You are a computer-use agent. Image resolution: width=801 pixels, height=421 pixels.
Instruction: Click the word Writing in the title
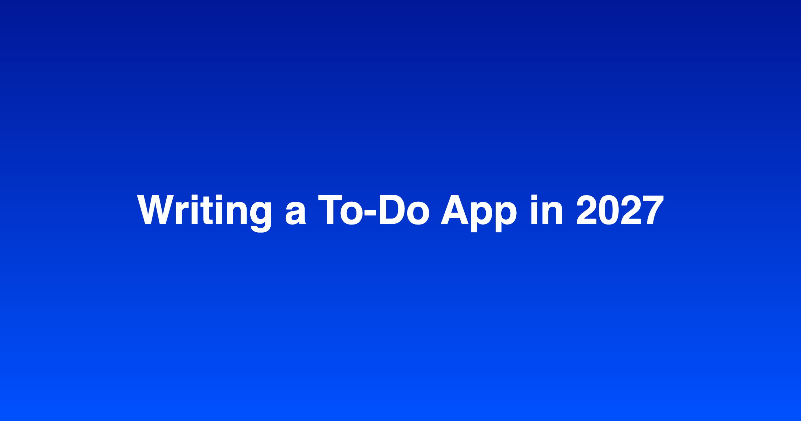(204, 213)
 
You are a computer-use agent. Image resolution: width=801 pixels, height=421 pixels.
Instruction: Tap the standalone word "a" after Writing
(296, 213)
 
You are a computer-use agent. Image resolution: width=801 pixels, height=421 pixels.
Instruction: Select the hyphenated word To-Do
(374, 209)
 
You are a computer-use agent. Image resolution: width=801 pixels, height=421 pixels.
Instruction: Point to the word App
(479, 213)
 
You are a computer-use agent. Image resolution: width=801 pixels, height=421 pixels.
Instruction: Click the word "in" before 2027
(547, 209)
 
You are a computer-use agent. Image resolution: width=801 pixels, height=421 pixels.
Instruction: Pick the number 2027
(620, 209)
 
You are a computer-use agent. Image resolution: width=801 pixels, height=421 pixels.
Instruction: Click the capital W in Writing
(156, 209)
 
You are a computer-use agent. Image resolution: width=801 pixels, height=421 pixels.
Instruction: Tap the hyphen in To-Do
(370, 213)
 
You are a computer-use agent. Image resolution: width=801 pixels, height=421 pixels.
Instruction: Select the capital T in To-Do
(330, 209)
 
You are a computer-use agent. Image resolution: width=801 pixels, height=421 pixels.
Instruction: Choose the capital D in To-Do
(392, 209)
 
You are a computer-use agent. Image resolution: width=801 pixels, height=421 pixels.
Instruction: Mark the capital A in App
(455, 209)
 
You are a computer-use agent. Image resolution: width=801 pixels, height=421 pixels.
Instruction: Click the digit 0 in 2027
(609, 209)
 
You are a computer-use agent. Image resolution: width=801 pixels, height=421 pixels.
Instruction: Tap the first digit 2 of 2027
(587, 209)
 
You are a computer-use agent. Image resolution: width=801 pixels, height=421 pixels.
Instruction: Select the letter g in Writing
(261, 217)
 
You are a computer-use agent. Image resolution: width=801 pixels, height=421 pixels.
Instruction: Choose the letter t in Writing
(207, 210)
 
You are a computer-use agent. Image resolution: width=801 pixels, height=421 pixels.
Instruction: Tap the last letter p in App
(506, 217)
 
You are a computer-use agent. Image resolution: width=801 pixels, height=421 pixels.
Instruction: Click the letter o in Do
(418, 213)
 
